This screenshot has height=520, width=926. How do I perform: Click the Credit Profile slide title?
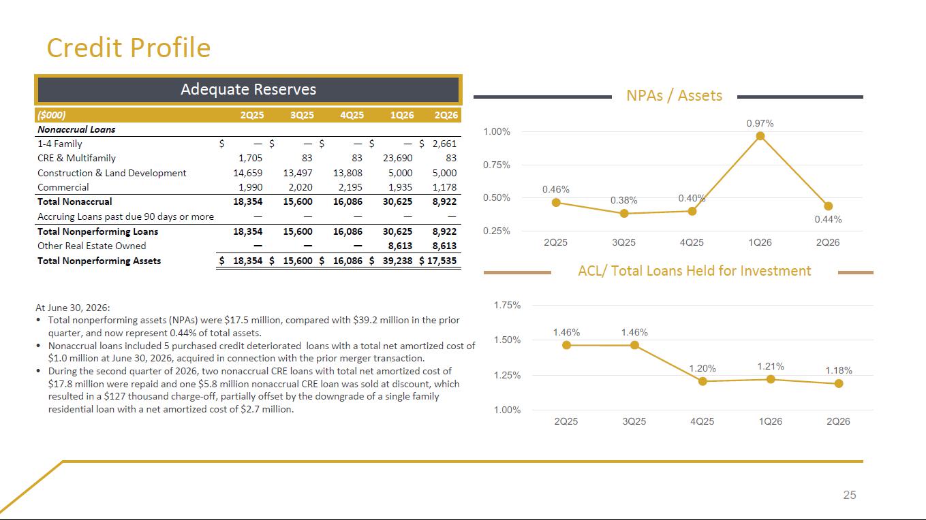click(129, 48)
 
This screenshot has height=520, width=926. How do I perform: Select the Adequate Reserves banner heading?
click(248, 89)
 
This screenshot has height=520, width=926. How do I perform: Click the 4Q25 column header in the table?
click(352, 115)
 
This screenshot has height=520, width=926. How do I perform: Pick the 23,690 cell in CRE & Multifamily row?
click(397, 158)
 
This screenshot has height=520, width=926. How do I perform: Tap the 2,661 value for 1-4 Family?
click(444, 144)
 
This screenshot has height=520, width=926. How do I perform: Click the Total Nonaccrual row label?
click(74, 201)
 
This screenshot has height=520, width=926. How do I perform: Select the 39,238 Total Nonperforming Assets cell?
click(397, 261)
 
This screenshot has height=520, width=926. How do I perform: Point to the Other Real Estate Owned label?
click(91, 246)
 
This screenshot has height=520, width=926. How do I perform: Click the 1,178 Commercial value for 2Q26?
click(444, 187)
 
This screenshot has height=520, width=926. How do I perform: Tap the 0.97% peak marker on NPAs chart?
click(760, 136)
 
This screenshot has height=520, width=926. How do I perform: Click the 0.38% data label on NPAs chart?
click(624, 200)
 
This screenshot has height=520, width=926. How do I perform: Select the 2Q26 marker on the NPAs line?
click(828, 206)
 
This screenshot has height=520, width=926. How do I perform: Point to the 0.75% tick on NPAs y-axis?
click(497, 165)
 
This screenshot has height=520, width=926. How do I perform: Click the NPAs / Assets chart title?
click(675, 95)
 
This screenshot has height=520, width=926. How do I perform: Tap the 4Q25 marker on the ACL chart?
click(703, 381)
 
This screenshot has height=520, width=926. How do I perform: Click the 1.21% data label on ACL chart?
click(771, 366)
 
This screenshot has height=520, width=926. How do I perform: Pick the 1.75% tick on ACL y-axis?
click(507, 305)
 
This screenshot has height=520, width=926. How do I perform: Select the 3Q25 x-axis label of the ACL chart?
click(634, 421)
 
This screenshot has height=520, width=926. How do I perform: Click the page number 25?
click(850, 495)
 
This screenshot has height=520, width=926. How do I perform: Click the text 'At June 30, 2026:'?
click(73, 308)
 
